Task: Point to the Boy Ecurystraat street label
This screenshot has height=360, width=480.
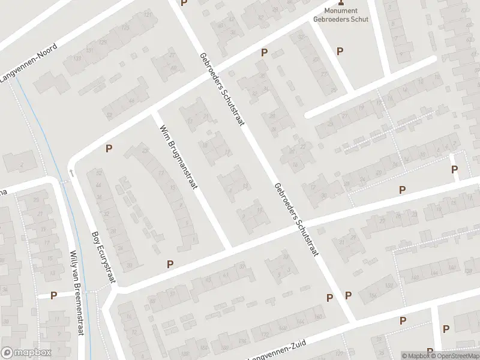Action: tap(103, 257)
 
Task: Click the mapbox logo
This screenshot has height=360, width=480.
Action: tap(26, 353)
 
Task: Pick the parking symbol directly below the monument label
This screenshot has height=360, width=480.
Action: tap(340, 52)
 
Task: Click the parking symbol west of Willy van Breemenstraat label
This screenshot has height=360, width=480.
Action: tap(54, 295)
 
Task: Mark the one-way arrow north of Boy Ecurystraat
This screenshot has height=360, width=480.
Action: tap(71, 173)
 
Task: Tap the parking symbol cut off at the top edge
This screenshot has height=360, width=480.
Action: tap(184, 3)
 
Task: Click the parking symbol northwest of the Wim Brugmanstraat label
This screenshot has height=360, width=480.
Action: tap(109, 149)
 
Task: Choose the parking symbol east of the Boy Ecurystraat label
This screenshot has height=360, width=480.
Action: tap(170, 263)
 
